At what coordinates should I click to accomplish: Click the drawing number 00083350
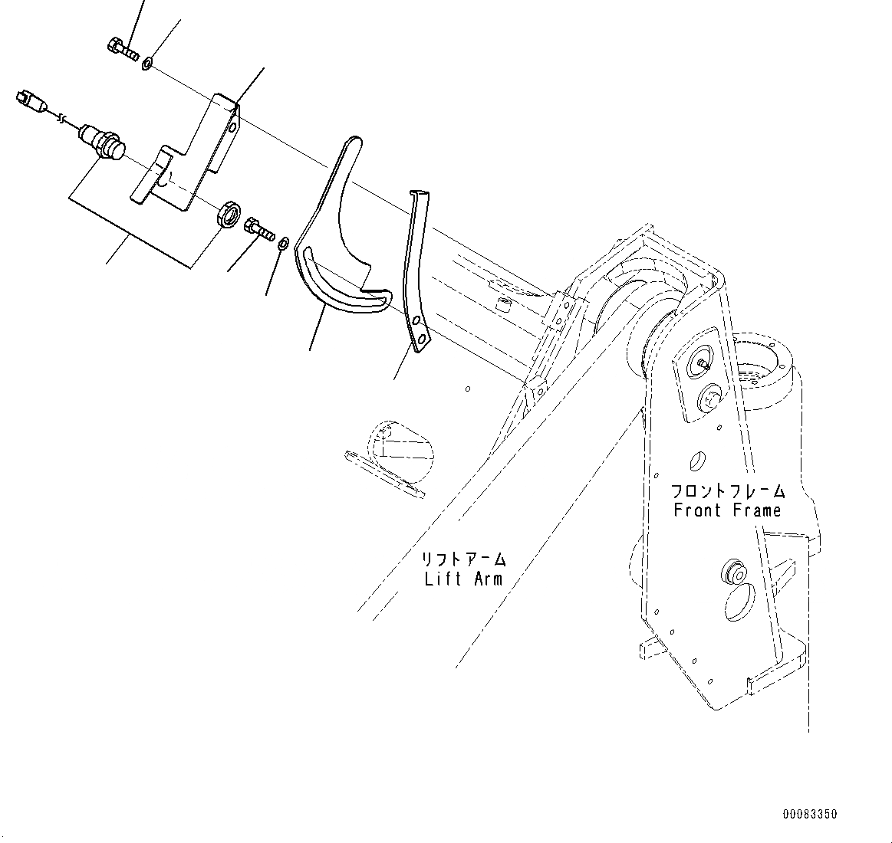pyautogui.click(x=809, y=814)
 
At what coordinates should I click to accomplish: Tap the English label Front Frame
pyautogui.click(x=727, y=510)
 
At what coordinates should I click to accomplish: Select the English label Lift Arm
pyautogui.click(x=464, y=579)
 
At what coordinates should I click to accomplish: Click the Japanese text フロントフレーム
pyautogui.click(x=727, y=490)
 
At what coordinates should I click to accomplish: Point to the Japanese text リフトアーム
pyautogui.click(x=464, y=559)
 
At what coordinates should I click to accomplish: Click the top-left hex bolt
pyautogui.click(x=122, y=48)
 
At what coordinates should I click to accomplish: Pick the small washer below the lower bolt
pyautogui.click(x=282, y=244)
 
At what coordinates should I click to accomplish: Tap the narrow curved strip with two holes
pyautogui.click(x=415, y=276)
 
